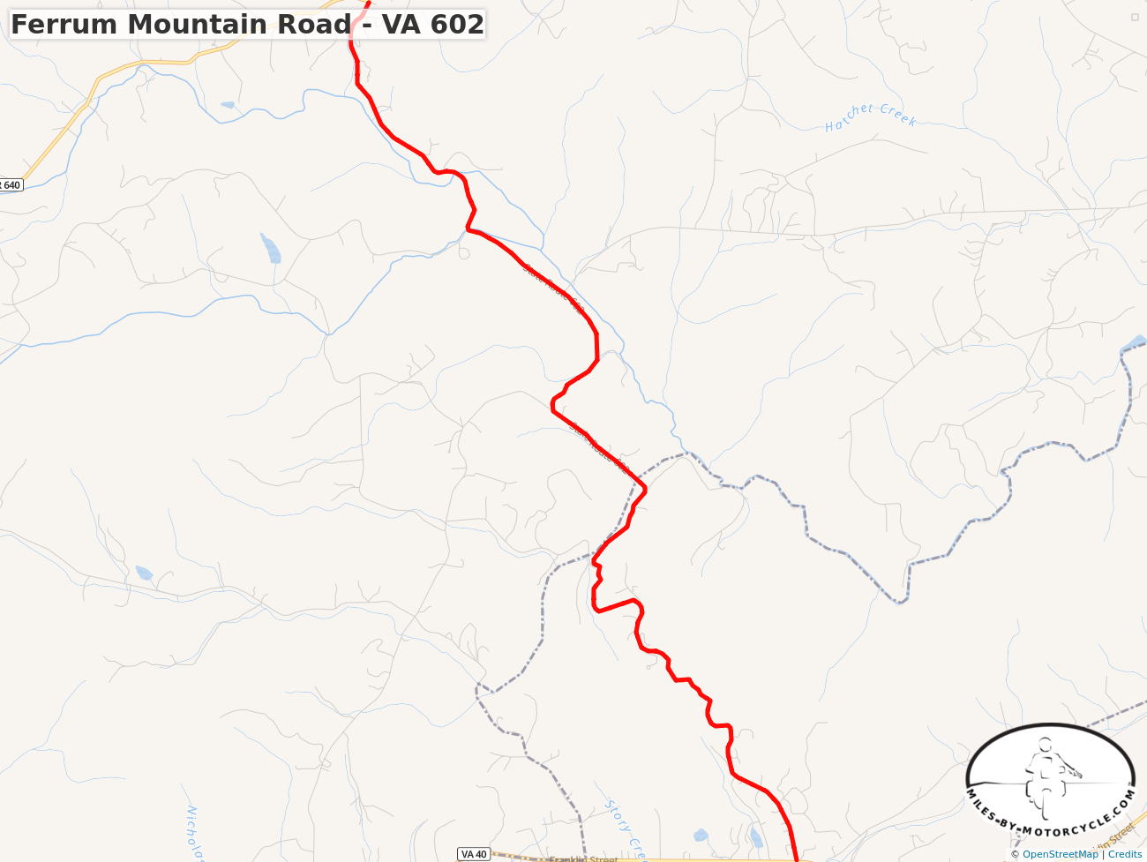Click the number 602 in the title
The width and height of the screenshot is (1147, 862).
pos(457,25)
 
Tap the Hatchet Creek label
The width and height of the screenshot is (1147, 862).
pos(871,116)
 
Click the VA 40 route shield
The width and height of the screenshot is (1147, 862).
pos(474,854)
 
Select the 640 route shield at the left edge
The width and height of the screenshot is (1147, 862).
pos(10,185)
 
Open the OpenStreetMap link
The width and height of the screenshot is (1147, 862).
pos(1060,854)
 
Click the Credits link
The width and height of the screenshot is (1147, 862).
pos(1125,854)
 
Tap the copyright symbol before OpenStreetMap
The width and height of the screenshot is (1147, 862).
pos(1016,854)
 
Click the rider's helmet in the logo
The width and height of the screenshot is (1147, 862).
pos(1046,746)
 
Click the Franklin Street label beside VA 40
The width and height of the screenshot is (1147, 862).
pos(583,858)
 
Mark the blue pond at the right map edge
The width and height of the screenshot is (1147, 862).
pos(1136,341)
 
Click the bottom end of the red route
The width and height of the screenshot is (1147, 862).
pos(797,858)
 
